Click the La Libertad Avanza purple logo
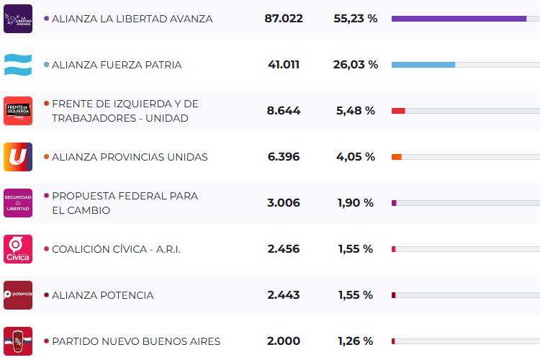pos(18,19)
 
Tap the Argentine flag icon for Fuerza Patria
pos(18,65)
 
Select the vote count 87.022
pos(284,19)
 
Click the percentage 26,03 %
pos(355,65)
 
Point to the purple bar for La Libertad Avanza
pos(459,19)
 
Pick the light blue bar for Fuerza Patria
pos(423,65)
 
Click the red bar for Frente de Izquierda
pos(398,111)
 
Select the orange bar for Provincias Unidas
pos(397,157)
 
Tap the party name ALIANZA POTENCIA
pos(102,295)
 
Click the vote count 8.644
pos(284,111)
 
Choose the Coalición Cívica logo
pos(18,249)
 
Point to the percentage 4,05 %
pos(355,157)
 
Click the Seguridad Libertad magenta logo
pos(18,203)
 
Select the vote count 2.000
pos(284,341)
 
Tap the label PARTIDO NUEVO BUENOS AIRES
pos(136,341)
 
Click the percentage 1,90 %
pos(355,203)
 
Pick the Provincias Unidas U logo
pos(18,157)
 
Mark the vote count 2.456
pos(284,249)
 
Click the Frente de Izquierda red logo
pos(18,111)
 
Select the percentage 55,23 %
pos(355,19)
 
